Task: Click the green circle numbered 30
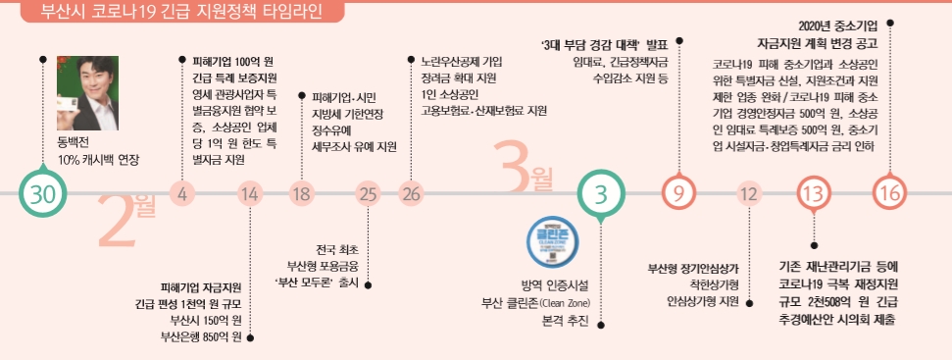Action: pyautogui.click(x=41, y=193)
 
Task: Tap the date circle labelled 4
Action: pyautogui.click(x=182, y=193)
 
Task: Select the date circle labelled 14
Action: pyautogui.click(x=250, y=193)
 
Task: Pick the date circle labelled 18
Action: pyautogui.click(x=301, y=193)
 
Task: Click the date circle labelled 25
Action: pyautogui.click(x=368, y=193)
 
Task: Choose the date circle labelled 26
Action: pyautogui.click(x=411, y=193)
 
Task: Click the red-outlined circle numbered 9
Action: pyautogui.click(x=679, y=193)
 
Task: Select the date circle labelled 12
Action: pyautogui.click(x=749, y=193)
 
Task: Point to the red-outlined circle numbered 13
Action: pyautogui.click(x=813, y=193)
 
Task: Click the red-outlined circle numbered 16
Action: pyautogui.click(x=889, y=193)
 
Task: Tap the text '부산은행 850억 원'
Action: pyautogui.click(x=201, y=336)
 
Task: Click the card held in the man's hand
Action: pyautogui.click(x=70, y=107)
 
